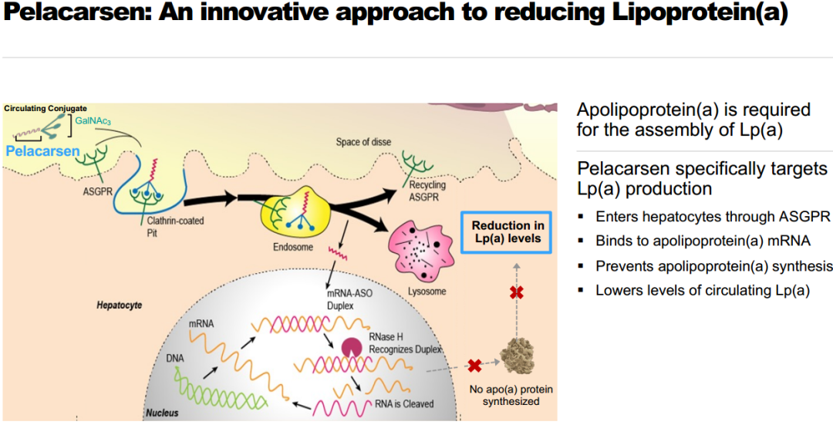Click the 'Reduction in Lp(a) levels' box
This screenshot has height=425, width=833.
(x=507, y=231)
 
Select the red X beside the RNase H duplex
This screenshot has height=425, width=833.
(x=474, y=366)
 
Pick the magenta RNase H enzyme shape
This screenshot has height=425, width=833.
(x=352, y=348)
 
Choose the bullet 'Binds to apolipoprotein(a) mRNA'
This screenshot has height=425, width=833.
(x=703, y=241)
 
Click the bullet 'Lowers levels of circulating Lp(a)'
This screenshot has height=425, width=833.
(x=702, y=291)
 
